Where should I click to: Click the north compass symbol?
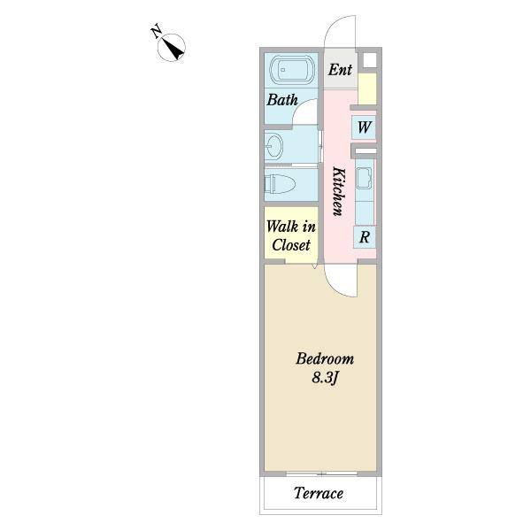[172, 48]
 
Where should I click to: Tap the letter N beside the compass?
[157, 31]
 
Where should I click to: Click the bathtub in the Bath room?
[292, 69]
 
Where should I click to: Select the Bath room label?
[282, 99]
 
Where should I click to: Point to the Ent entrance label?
[340, 70]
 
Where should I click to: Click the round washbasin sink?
[273, 147]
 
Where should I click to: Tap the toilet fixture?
[280, 185]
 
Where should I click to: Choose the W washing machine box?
[364, 127]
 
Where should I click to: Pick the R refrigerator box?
[365, 236]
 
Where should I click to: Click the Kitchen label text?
[339, 191]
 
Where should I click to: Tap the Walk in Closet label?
[291, 235]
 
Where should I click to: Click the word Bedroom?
[325, 358]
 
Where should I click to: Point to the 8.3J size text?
[325, 378]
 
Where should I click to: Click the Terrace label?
[319, 493]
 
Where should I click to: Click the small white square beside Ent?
[369, 60]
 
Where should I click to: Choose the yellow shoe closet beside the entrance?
[367, 88]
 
